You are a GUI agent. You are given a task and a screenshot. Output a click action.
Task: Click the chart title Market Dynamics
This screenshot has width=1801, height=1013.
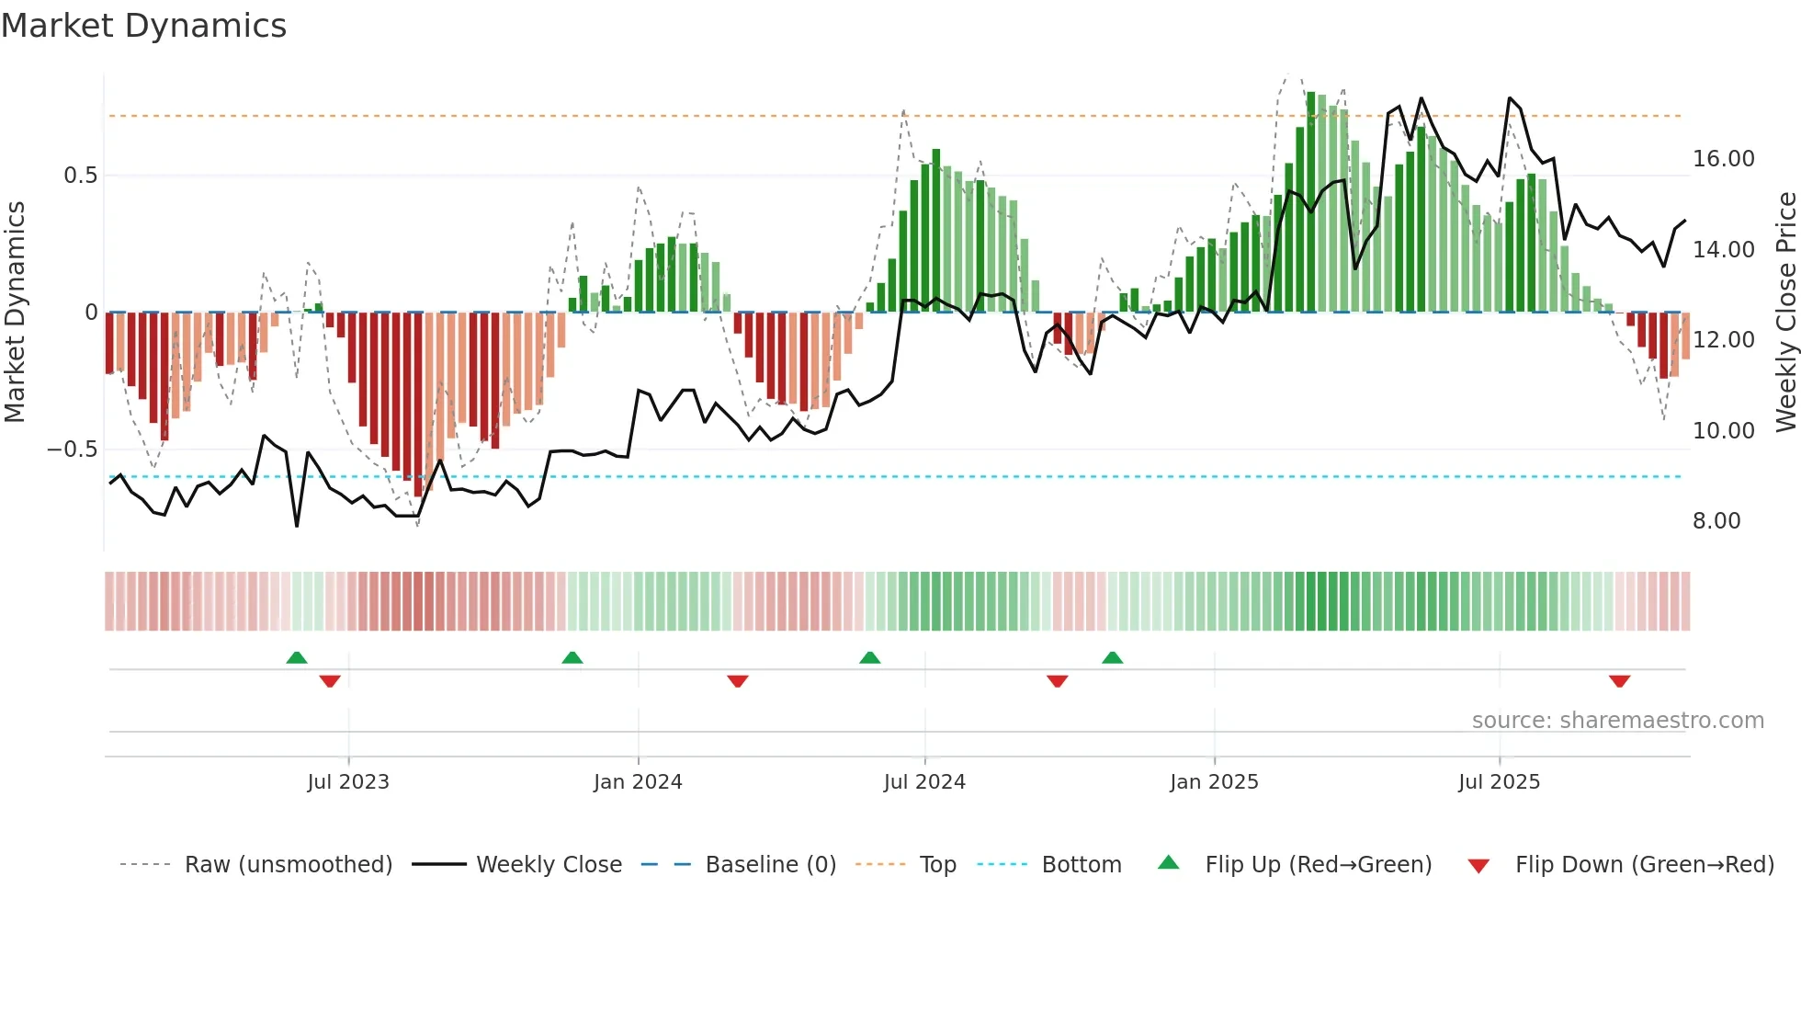[143, 26]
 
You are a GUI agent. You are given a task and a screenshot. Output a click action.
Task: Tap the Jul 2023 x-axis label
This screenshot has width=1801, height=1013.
[348, 782]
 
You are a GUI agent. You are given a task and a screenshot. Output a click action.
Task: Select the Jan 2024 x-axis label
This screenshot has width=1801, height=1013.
[638, 782]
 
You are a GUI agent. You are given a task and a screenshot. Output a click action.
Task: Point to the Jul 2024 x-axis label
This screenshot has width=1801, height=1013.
[924, 782]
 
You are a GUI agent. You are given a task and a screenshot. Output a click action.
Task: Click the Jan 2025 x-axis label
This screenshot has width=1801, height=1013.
[1214, 782]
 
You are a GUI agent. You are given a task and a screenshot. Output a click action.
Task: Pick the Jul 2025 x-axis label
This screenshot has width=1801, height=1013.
[1499, 782]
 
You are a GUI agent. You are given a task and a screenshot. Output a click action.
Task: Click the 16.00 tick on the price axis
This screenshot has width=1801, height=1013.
[1723, 159]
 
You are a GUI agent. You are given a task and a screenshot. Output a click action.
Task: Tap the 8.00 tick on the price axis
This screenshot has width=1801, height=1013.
[1716, 521]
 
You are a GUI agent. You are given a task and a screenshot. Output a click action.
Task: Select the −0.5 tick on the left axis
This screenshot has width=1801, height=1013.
[73, 450]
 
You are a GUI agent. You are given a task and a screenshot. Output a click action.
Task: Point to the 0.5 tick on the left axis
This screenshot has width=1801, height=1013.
[80, 176]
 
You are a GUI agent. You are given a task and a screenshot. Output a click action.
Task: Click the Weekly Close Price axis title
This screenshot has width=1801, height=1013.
[1785, 313]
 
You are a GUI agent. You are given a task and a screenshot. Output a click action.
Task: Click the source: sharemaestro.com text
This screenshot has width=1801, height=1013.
[1617, 721]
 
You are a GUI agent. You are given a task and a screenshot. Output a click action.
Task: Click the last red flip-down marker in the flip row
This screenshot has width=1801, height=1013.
[1619, 681]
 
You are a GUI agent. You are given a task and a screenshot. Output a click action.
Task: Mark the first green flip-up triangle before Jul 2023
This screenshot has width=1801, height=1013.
[296, 658]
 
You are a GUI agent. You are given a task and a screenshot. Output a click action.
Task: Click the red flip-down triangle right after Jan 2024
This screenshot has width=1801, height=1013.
[737, 681]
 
